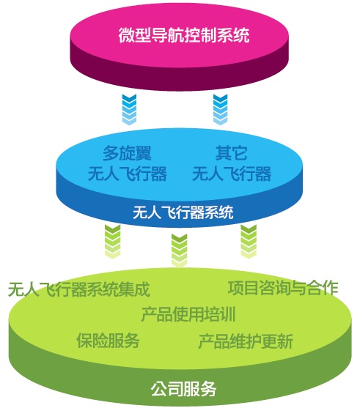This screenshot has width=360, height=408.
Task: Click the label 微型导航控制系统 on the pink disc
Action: pos(184,35)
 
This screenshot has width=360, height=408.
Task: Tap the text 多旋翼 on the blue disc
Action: pos(127,153)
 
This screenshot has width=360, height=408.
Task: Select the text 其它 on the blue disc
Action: pos(231,153)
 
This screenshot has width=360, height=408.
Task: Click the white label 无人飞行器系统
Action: pos(183,212)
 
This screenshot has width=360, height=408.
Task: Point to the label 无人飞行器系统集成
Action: pos(79,289)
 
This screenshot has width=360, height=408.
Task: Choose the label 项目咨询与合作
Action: pos(283,288)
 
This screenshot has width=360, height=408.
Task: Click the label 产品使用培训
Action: pos(188,314)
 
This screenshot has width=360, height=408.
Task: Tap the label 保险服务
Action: pos(108,340)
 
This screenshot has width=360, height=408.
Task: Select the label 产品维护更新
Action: pos(246,341)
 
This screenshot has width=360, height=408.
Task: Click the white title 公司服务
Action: pos(183,389)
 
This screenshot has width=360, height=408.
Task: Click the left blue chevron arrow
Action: pos(129,110)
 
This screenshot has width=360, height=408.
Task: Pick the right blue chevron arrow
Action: pos(221,110)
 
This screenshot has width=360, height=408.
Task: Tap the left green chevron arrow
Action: pos(112,242)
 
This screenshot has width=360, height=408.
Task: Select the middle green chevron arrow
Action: pos(179,251)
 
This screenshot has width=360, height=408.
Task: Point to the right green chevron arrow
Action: pos(249,242)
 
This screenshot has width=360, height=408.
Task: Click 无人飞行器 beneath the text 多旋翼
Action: pos(128,174)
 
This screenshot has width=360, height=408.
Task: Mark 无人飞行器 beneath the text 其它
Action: pos(232,174)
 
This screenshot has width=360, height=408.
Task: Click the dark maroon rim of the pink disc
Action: pos(179,78)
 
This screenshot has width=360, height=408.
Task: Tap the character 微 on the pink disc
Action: pos(127,35)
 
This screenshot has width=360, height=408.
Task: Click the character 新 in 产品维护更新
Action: pos(285,341)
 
